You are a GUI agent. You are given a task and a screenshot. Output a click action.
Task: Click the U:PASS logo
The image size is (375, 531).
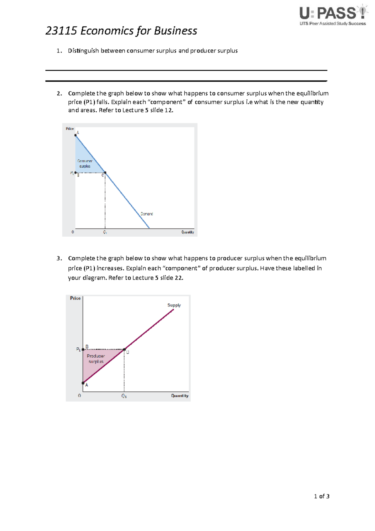(x=333, y=16)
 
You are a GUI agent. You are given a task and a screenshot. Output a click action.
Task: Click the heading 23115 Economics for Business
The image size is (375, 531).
(x=121, y=31)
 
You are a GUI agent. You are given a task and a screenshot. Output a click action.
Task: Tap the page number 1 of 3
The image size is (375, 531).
(x=322, y=496)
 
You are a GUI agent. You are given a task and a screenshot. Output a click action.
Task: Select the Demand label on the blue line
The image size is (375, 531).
(x=147, y=214)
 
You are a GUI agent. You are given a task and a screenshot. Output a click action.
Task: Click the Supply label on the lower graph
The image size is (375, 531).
(x=174, y=305)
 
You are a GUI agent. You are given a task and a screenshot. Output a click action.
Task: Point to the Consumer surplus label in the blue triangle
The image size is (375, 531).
(x=85, y=164)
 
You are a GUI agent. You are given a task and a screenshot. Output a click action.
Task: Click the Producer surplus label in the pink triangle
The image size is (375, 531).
(x=96, y=359)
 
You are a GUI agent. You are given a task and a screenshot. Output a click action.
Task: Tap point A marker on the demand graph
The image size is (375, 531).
(x=76, y=135)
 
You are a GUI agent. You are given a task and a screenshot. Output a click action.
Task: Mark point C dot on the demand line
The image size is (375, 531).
(x=105, y=173)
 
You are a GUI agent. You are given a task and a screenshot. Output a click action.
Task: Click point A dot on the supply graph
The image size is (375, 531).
(x=83, y=383)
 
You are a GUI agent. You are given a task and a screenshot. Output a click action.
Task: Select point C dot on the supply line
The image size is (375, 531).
(x=124, y=349)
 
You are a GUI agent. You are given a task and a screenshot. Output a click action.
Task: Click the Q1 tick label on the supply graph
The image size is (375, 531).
(x=124, y=396)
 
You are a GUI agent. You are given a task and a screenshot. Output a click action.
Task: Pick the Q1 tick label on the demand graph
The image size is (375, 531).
(x=105, y=232)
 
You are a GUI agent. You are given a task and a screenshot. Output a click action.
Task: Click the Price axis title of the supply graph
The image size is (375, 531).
(x=75, y=298)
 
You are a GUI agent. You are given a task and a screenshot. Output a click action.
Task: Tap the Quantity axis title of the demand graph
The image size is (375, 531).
(x=187, y=232)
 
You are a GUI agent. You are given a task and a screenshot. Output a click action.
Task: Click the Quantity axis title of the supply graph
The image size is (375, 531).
(x=180, y=396)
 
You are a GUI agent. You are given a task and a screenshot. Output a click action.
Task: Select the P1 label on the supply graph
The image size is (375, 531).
(x=78, y=349)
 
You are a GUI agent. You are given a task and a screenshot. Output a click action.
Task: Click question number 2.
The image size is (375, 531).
(x=59, y=94)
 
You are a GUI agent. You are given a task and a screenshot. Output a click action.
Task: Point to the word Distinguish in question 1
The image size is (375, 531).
(x=83, y=51)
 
